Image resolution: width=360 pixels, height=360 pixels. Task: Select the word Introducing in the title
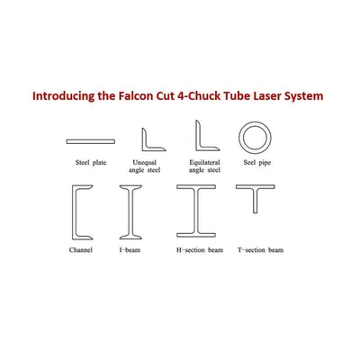(x=63, y=96)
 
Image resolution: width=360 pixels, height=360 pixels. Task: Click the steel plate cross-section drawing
(x=91, y=141)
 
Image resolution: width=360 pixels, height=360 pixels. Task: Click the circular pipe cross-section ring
(x=256, y=123)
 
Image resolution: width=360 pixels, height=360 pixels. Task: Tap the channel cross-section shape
(x=75, y=212)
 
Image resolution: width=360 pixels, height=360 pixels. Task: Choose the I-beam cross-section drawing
(x=130, y=212)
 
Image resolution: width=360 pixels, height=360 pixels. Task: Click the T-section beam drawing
(x=256, y=187)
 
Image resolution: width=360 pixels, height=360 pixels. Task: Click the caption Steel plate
(x=91, y=163)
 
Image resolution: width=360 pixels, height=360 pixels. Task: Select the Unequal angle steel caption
(x=145, y=166)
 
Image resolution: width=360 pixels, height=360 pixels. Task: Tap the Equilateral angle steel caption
(x=204, y=166)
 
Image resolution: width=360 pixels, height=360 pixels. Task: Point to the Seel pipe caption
(x=257, y=163)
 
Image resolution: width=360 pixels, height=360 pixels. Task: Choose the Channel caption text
(x=81, y=250)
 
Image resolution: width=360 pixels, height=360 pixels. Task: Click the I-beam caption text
(x=130, y=250)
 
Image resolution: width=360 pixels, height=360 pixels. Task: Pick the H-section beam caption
(x=200, y=250)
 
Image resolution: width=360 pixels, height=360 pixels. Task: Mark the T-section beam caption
(x=261, y=250)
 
